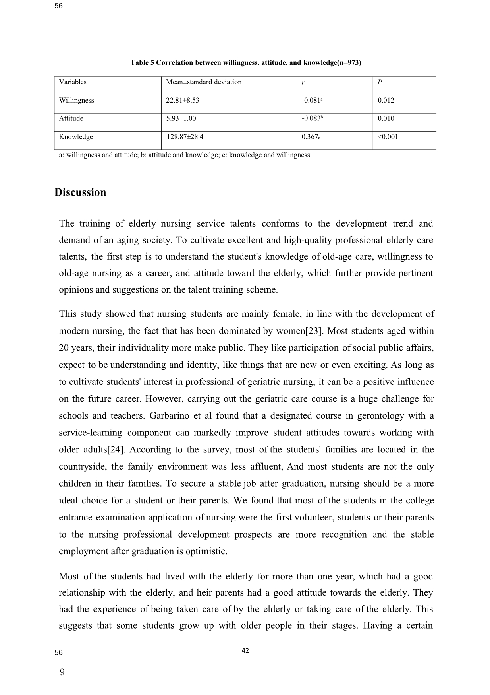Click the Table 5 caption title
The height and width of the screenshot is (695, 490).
(246, 63)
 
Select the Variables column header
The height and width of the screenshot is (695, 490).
(73, 82)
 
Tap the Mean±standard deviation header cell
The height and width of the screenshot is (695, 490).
(204, 82)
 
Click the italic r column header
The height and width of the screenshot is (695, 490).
(303, 83)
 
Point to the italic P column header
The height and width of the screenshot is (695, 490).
(380, 82)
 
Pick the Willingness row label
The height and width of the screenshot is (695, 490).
(77, 101)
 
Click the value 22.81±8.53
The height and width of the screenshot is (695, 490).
(183, 101)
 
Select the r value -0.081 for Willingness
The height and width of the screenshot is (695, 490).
(312, 101)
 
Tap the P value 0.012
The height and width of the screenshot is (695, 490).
(386, 101)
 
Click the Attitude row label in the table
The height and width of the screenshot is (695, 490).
(71, 119)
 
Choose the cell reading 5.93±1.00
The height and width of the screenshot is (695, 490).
(181, 119)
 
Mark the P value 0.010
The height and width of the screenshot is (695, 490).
(386, 119)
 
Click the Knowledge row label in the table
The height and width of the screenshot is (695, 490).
(76, 137)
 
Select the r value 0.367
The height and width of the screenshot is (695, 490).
(311, 137)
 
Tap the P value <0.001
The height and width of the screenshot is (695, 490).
(388, 137)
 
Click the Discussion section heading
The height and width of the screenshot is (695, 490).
(80, 193)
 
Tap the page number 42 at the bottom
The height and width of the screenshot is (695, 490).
(245, 651)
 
